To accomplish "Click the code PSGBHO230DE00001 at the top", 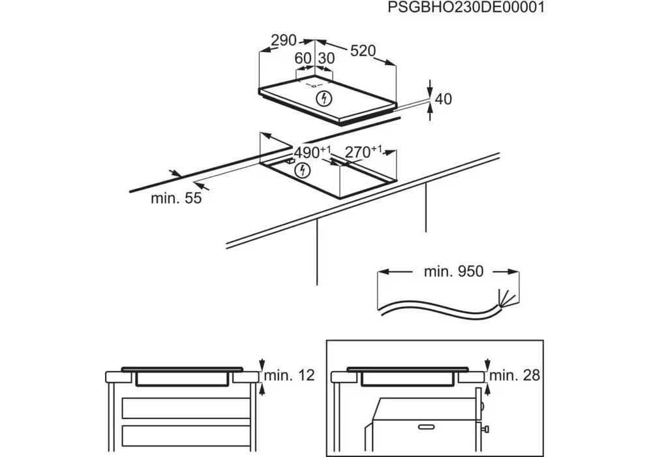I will click(x=465, y=8).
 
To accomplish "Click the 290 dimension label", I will click(x=284, y=40).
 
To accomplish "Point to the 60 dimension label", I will click(x=303, y=59).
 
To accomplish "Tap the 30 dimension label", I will click(x=326, y=59).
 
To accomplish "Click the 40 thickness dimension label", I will click(x=443, y=99).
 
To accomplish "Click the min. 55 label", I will click(x=176, y=198).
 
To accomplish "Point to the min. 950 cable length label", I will click(x=454, y=271).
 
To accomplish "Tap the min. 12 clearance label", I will click(x=290, y=375).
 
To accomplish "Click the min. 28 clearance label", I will click(x=515, y=375).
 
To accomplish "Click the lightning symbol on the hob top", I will click(x=324, y=99).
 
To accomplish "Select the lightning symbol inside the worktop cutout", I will click(x=301, y=171).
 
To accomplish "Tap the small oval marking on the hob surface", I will click(x=314, y=86).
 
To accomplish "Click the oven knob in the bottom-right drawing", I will click(x=487, y=428).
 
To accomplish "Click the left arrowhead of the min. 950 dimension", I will click(x=383, y=272).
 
